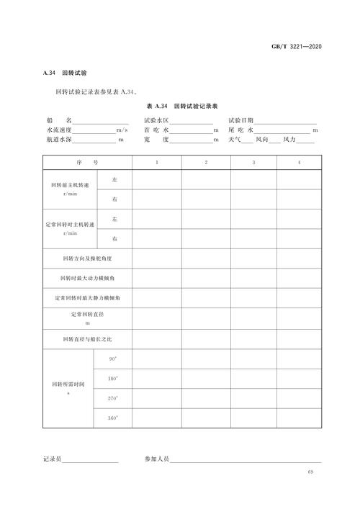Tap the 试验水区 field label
click(156, 120)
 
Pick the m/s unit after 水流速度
click(122, 130)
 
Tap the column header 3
click(253, 164)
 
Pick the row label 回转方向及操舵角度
click(87, 257)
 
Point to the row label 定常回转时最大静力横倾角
click(87, 297)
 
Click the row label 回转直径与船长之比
click(87, 338)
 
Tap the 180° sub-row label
click(113, 378)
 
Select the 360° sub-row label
click(113, 418)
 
